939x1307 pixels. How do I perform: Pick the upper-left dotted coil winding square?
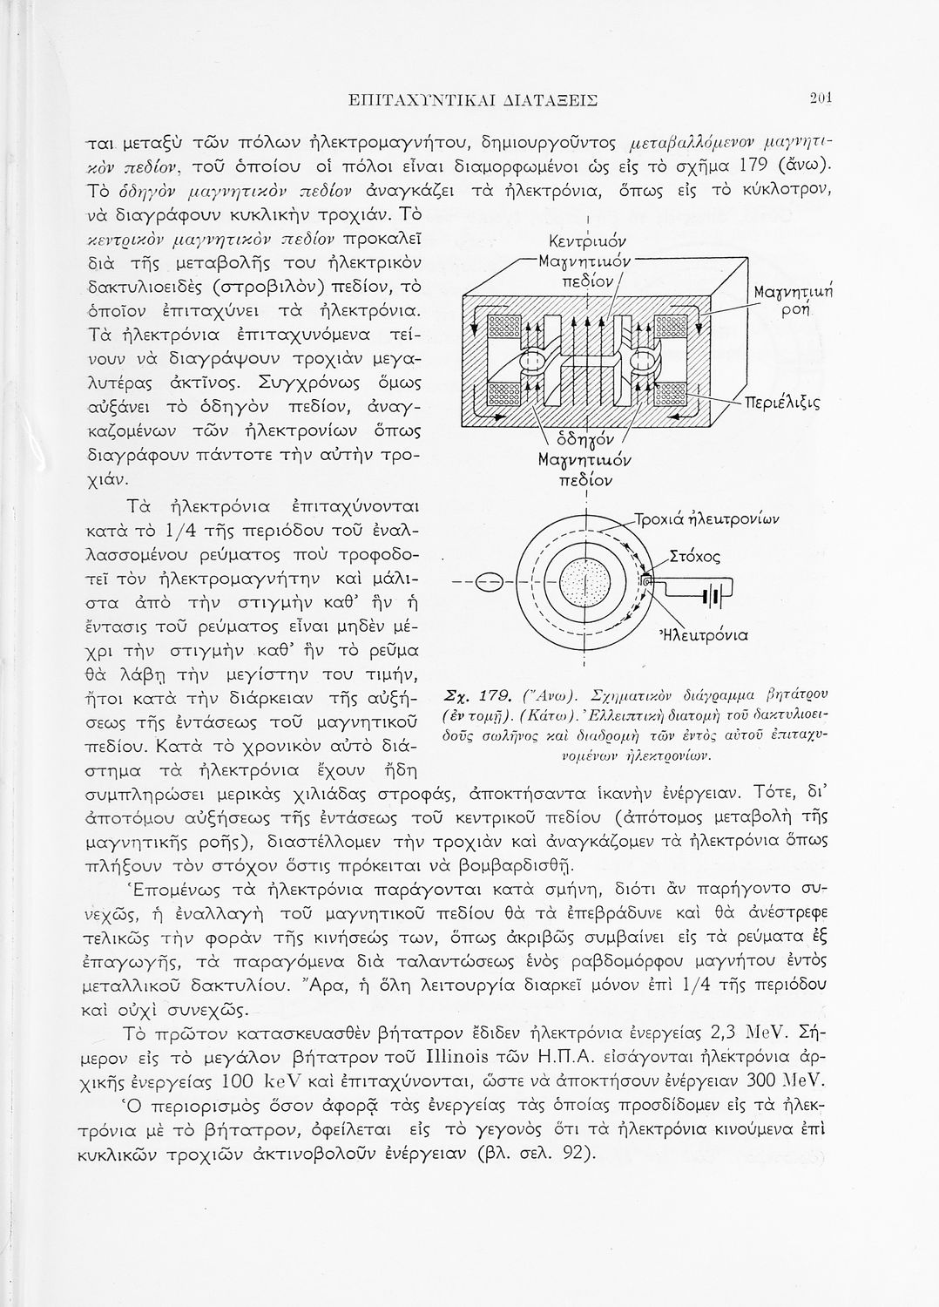point(503,327)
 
